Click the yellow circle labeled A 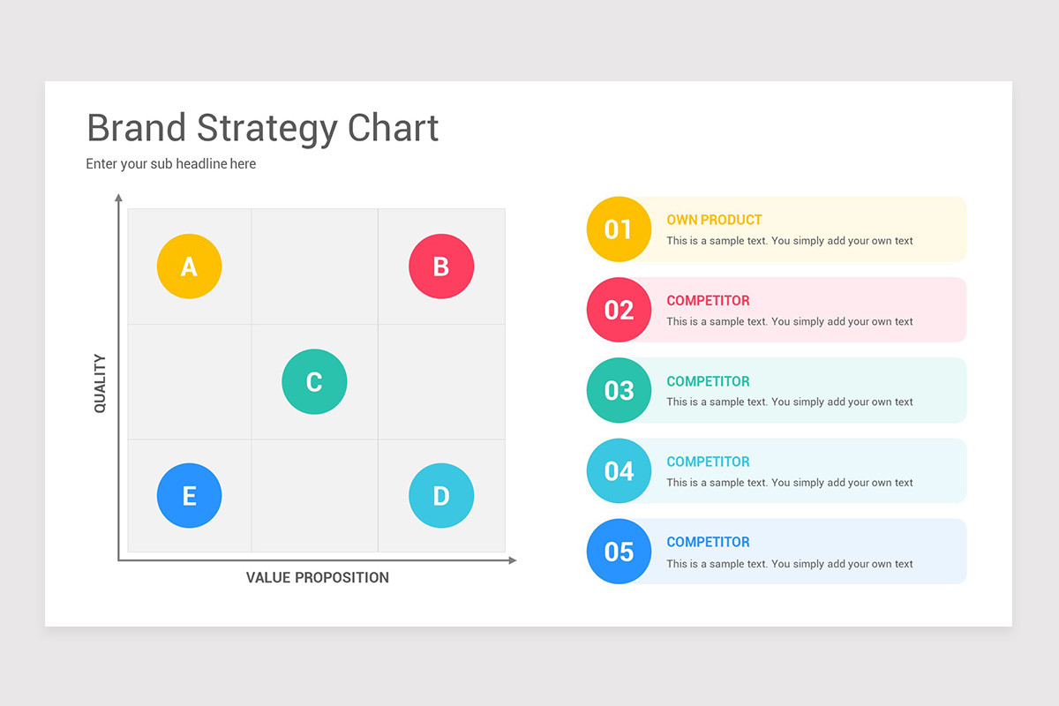189,267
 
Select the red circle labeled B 441,267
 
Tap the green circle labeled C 314,381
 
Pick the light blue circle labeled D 441,496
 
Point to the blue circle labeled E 189,496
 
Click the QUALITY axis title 100,383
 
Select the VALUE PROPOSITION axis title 317,577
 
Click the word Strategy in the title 267,129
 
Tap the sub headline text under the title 170,163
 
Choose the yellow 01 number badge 619,229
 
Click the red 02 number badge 619,310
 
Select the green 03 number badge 619,390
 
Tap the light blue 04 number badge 619,471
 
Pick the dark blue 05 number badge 619,552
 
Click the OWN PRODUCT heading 714,220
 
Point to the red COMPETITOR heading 708,301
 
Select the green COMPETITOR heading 708,381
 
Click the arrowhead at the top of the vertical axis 118,197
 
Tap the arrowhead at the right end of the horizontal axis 513,560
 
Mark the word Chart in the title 393,128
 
